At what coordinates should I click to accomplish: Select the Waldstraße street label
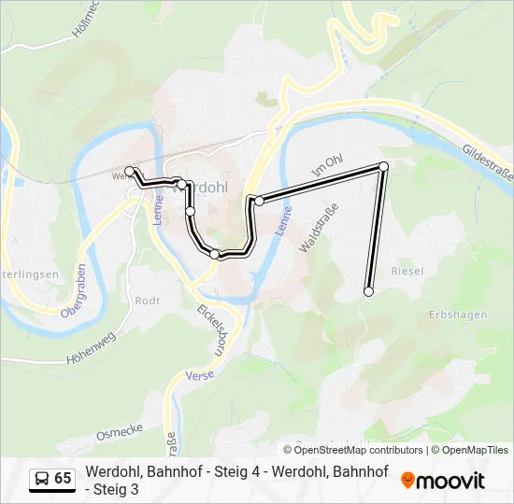pos(317,229)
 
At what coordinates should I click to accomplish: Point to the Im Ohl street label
pos(328,167)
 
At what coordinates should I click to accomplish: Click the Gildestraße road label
pos(487,162)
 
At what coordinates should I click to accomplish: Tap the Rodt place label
pos(148,301)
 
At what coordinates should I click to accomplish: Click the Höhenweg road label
pos(90,347)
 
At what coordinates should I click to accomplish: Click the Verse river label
pos(200,375)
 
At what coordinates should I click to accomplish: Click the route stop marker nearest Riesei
pos(368,292)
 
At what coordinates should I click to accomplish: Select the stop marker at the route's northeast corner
pos(383,166)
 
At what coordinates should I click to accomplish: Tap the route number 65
pos(63,479)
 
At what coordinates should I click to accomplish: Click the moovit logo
pos(443,481)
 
